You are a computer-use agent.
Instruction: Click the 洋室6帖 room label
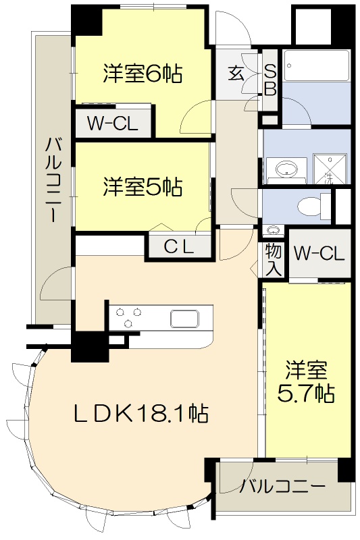pos(143,74)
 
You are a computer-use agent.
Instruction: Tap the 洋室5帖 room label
pos(143,186)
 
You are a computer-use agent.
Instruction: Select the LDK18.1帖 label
pos(140,412)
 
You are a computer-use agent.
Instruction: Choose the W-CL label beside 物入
pos(319,254)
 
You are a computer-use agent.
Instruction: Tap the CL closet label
pos(180,247)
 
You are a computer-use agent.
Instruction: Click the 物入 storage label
pos(273,259)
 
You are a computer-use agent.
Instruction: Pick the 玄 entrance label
pos(236,73)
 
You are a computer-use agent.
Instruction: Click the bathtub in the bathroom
pos(315,67)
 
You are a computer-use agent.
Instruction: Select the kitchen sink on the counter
pos(184,317)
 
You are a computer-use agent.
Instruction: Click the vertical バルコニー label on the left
pos(53,179)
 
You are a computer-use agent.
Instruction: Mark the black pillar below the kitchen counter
pos(85,348)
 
